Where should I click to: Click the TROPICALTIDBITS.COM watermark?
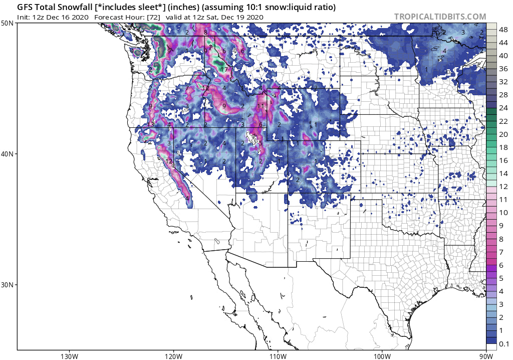pos(440,17)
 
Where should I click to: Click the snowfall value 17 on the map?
pos(224,70)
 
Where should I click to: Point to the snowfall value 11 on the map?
pos(260,106)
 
